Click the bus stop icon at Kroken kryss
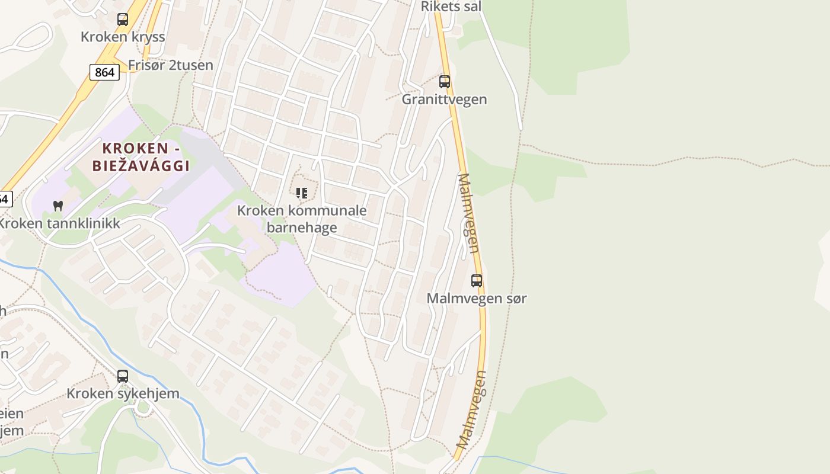(x=123, y=19)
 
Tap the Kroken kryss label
(x=123, y=37)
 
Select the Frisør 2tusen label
(x=171, y=65)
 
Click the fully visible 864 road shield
(x=104, y=72)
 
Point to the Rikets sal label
(x=451, y=7)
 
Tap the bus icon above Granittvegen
(x=445, y=82)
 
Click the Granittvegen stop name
(x=444, y=100)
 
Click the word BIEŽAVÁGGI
(x=141, y=165)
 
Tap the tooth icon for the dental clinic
(x=58, y=206)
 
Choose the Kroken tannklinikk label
(x=59, y=223)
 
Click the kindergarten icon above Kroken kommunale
(x=302, y=193)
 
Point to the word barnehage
(x=302, y=228)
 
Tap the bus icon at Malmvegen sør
(x=477, y=281)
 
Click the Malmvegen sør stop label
(x=477, y=299)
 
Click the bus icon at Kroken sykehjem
(x=123, y=376)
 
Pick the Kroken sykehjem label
(x=123, y=394)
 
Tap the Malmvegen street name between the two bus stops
(x=469, y=213)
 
